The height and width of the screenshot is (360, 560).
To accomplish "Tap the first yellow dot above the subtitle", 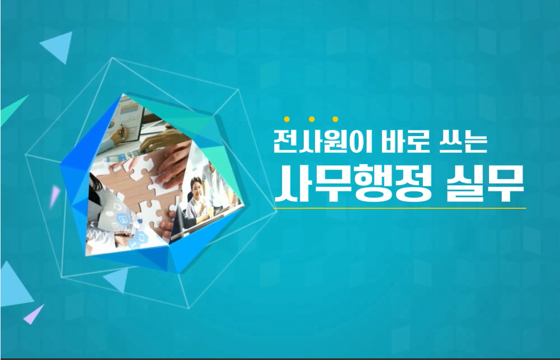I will [287, 119].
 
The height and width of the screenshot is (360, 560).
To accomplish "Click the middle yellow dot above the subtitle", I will [311, 119].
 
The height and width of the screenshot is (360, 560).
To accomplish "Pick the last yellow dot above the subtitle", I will [335, 119].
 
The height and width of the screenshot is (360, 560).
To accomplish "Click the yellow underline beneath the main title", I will [399, 208].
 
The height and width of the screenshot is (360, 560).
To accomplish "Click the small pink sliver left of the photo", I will [54, 195].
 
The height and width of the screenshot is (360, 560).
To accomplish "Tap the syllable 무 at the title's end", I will [506, 184].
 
